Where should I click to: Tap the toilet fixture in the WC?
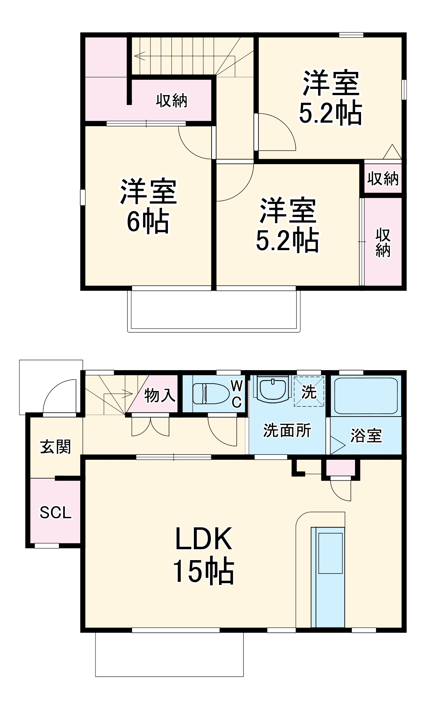click(x=211, y=393)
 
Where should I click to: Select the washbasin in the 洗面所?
click(x=273, y=389)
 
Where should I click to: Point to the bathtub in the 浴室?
click(x=366, y=395)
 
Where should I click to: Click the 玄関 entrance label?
click(x=56, y=447)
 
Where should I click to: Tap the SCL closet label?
click(x=55, y=513)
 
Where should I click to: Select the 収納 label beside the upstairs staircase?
click(x=171, y=101)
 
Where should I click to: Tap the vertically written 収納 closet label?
click(x=383, y=242)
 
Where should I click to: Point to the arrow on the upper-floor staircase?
click(x=140, y=55)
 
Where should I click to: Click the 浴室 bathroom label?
click(x=366, y=435)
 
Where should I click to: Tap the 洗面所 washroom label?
click(x=287, y=431)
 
